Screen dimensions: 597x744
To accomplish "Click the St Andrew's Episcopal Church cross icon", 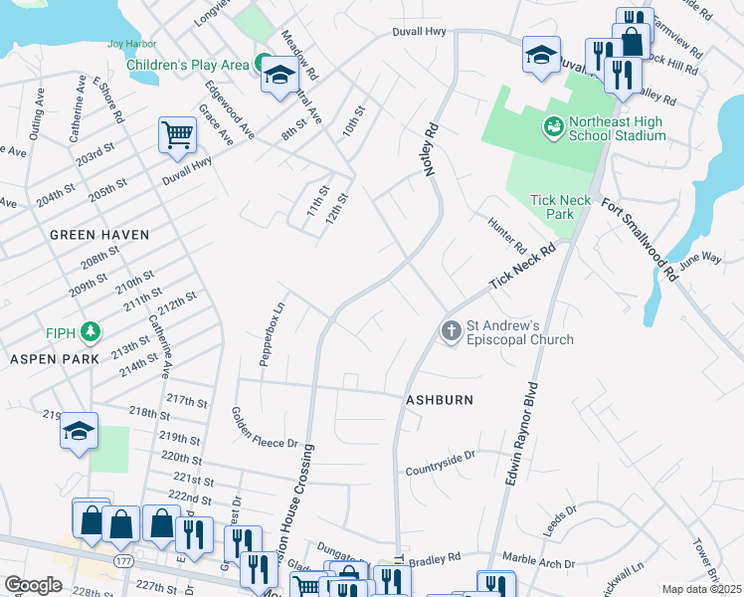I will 452,330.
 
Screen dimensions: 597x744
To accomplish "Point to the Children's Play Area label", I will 187,65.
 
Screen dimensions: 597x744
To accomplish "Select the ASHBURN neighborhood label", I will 438,399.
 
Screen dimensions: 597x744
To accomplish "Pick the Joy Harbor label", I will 131,45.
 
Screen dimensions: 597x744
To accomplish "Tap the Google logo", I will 33,585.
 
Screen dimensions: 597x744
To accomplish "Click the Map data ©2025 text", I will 701,589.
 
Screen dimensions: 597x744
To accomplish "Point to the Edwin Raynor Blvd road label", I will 524,433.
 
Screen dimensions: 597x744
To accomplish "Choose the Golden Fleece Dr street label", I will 265,428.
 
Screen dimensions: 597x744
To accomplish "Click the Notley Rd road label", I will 432,149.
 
